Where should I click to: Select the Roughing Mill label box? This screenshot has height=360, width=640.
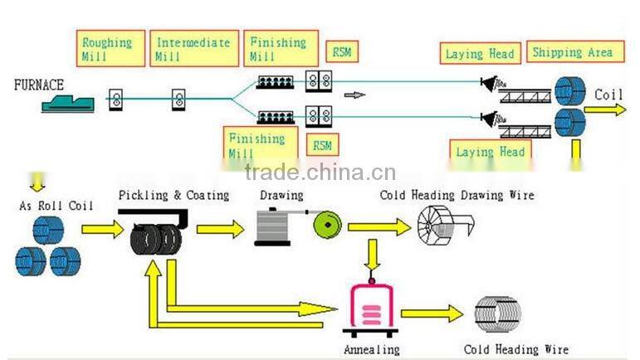(107, 49)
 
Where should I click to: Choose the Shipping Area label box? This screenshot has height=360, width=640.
(573, 52)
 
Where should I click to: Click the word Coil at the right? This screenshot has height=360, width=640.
(608, 95)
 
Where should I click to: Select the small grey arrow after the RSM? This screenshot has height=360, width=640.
(354, 95)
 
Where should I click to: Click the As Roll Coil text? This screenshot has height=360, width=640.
(56, 205)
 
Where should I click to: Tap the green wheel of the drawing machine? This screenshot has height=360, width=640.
(325, 226)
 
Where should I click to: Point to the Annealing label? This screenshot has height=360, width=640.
(371, 349)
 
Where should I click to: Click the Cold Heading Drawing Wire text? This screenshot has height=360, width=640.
(457, 195)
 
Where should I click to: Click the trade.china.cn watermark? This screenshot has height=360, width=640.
(320, 173)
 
